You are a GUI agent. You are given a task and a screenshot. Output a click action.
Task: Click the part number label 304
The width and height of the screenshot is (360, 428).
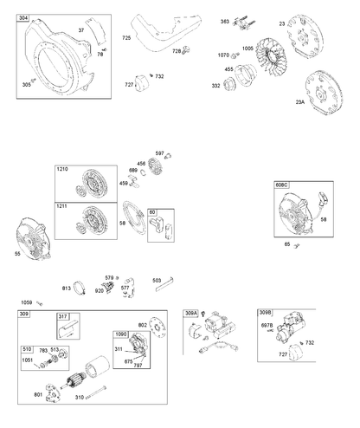point(23,18)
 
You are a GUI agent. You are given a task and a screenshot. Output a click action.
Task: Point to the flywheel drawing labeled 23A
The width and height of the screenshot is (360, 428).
point(324,92)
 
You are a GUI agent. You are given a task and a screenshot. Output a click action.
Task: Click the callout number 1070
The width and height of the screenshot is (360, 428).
point(223,55)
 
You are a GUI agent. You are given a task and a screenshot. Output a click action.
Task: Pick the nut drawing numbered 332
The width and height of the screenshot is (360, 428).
point(229,83)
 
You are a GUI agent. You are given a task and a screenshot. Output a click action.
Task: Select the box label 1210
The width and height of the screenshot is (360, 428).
point(62,169)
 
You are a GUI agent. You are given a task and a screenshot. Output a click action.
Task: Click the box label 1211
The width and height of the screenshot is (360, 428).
point(61,206)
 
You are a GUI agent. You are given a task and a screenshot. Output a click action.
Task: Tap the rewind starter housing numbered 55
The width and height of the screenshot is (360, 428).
point(33,238)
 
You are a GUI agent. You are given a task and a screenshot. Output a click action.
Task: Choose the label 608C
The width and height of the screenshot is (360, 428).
point(281,185)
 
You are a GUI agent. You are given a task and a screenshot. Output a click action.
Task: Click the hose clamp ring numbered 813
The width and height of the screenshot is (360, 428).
point(80,288)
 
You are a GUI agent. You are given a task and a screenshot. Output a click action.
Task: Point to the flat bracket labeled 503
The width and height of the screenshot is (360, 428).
point(164,284)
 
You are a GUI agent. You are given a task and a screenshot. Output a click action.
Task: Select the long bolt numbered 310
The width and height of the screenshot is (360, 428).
point(96,392)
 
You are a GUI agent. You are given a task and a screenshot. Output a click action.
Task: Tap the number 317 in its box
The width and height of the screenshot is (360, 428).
point(63,316)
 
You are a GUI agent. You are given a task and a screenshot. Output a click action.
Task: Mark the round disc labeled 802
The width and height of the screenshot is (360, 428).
point(157,327)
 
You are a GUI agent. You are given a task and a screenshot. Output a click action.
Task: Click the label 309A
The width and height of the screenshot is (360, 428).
point(191,313)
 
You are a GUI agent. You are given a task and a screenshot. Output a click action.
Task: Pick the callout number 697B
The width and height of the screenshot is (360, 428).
point(267,326)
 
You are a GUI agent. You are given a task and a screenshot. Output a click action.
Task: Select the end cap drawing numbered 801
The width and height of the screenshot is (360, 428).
point(53,393)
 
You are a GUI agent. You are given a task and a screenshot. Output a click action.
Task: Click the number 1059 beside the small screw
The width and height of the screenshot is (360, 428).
point(27,302)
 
